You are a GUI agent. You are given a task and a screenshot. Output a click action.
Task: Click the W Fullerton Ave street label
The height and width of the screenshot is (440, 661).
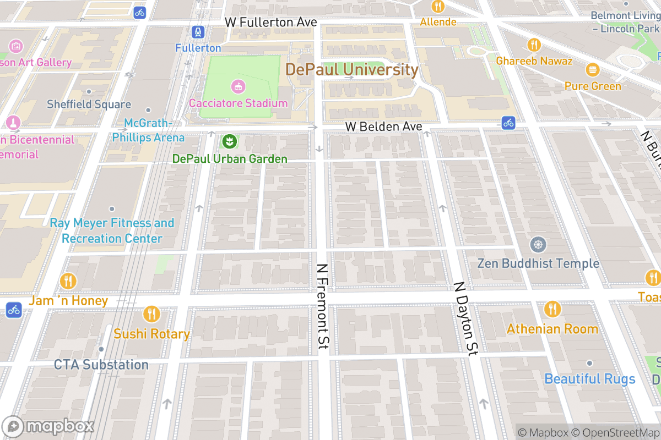pos(271,22)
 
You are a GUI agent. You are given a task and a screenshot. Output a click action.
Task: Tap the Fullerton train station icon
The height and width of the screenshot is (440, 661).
pos(198,32)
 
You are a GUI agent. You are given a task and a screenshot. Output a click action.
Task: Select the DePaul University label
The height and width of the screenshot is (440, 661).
pos(352,70)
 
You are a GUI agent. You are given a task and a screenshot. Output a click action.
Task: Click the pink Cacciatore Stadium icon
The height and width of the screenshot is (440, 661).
pos(238,86)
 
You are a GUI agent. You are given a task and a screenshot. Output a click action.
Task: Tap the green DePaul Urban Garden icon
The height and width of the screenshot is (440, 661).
pos(227,142)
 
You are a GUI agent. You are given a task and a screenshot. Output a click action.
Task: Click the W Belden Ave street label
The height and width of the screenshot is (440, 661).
pos(383,127)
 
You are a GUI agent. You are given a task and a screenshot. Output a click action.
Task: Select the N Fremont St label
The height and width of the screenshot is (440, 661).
pos(323,306)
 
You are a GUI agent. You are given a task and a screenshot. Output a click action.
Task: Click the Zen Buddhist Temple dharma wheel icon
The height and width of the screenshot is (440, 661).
pos(538,245)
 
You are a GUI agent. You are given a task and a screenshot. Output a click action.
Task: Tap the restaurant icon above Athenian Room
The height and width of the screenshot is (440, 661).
pos(552,310)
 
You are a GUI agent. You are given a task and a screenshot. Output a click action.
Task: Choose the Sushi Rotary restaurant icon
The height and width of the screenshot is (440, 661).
pos(151,315)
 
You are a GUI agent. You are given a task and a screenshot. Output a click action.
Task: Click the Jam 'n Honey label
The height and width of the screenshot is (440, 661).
pos(68,301)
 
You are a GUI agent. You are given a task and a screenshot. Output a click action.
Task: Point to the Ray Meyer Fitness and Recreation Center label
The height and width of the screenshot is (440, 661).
pos(112,231)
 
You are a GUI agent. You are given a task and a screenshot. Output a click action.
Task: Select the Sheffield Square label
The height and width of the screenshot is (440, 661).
pos(89,104)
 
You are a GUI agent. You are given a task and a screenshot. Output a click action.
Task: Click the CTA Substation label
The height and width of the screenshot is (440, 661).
pos(101,365)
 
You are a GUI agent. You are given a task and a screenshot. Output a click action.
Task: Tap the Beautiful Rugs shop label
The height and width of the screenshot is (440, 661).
pos(589,379)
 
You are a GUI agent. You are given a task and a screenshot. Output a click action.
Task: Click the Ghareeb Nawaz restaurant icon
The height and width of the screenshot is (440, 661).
pos(534,45)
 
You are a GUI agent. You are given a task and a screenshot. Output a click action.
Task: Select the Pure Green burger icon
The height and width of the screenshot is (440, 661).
pos(593,69)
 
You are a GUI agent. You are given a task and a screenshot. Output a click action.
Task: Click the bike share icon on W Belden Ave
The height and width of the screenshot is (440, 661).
pos(508,122)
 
